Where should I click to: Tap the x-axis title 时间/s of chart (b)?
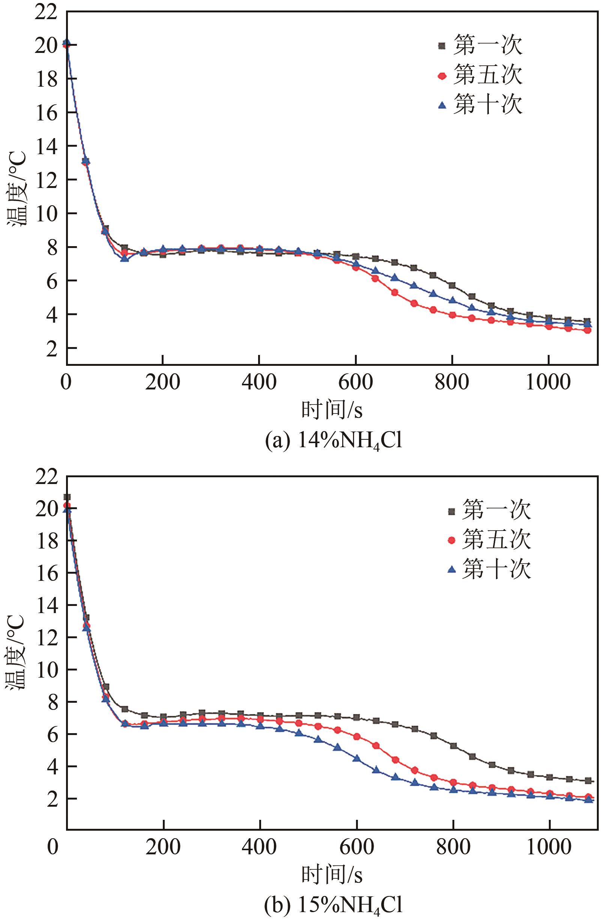332,874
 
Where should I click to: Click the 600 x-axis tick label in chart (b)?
356,846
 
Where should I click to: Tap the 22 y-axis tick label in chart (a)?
46,13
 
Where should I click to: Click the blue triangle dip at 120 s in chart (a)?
124,259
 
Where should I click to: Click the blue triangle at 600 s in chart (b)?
356,758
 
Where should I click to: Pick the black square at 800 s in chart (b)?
453,746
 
